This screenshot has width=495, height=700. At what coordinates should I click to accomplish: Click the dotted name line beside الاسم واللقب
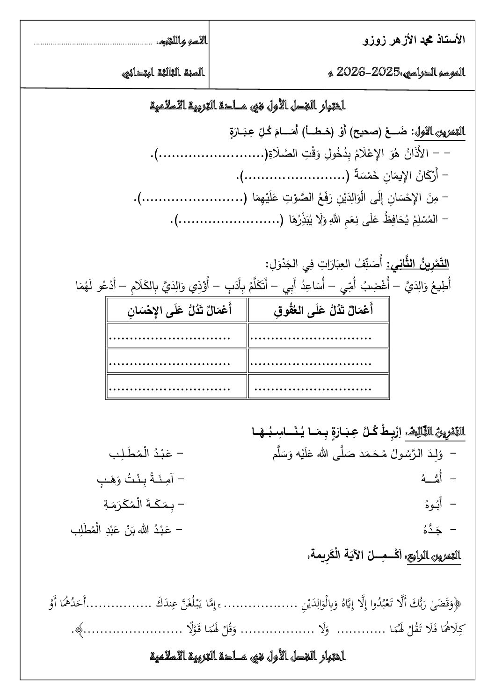pyautogui.click(x=92, y=44)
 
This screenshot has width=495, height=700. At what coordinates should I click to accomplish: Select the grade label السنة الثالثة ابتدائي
pyautogui.click(x=163, y=72)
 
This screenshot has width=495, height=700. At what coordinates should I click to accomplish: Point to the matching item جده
pyautogui.click(x=435, y=529)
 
